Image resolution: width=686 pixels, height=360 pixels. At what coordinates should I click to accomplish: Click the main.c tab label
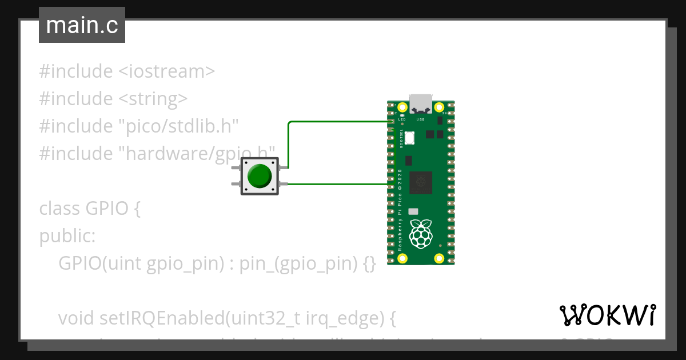tap(82, 26)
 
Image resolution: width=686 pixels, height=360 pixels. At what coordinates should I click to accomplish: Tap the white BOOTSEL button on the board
tap(410, 138)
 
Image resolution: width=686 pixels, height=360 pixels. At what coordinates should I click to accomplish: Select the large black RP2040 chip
tap(421, 182)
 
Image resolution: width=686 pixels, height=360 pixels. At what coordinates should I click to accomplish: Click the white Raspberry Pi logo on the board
tap(421, 234)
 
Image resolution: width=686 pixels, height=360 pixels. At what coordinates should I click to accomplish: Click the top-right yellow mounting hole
tap(440, 107)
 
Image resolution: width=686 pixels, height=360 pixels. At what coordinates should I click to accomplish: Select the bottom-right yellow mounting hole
tap(440, 258)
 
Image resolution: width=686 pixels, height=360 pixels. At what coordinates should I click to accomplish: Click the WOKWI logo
tap(608, 315)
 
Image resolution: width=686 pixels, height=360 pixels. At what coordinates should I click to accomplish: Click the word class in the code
tap(59, 209)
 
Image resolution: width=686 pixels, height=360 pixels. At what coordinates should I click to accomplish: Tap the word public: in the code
tap(67, 235)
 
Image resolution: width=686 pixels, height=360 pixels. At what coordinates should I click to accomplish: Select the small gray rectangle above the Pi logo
tap(413, 211)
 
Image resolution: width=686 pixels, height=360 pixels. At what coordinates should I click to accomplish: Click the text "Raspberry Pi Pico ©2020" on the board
tap(400, 211)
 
